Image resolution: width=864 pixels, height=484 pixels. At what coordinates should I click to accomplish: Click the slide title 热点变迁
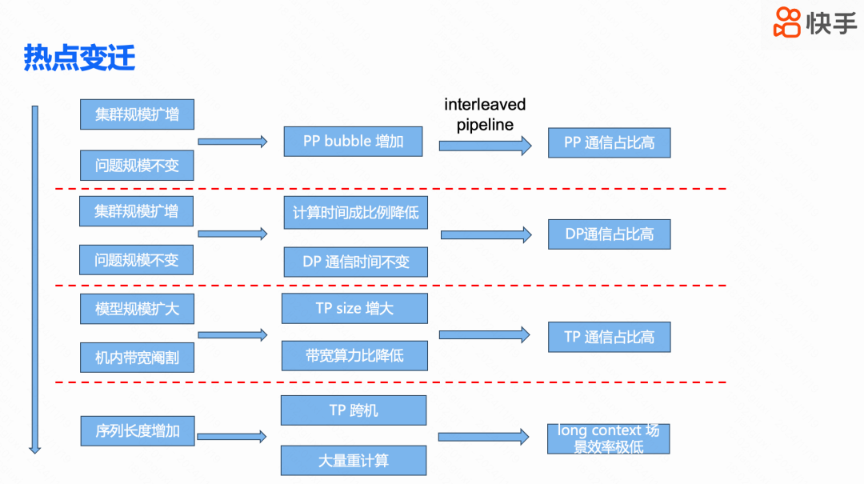(79, 58)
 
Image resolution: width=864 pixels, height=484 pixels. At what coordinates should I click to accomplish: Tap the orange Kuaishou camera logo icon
(787, 22)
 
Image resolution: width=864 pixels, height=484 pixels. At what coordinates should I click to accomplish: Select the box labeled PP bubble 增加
(353, 142)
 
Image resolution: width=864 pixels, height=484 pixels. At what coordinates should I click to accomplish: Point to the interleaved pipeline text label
(485, 114)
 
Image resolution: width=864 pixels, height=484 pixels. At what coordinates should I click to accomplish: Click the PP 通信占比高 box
(609, 142)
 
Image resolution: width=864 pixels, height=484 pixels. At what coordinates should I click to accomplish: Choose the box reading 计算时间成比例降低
(355, 213)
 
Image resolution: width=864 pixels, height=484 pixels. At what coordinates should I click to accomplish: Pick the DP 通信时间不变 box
(355, 262)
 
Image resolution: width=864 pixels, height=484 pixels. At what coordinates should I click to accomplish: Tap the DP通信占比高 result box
(609, 234)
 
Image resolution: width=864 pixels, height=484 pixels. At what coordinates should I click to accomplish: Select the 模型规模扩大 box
(137, 309)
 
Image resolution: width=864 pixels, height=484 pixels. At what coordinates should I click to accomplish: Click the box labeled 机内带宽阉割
(137, 358)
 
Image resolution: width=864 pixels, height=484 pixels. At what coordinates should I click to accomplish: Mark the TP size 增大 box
(354, 308)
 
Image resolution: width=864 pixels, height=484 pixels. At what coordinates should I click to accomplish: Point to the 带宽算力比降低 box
(354, 355)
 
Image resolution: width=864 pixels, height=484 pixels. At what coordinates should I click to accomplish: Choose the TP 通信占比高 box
(609, 337)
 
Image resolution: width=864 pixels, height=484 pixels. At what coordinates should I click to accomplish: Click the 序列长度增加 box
(137, 431)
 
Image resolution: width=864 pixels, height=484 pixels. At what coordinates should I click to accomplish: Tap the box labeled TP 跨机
(353, 410)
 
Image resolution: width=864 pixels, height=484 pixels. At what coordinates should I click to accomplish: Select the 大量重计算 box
(353, 461)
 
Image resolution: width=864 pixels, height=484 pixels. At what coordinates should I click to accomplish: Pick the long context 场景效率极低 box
(608, 438)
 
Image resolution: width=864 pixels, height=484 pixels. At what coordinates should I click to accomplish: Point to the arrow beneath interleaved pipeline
(485, 146)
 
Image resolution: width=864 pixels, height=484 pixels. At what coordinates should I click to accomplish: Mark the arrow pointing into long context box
(483, 437)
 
